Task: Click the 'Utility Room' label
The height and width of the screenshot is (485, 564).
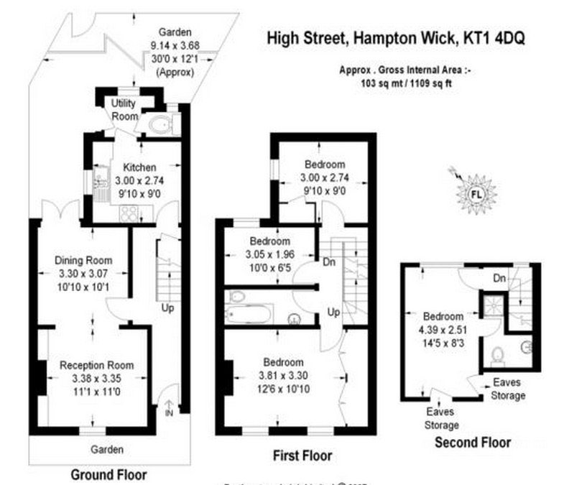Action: (124, 110)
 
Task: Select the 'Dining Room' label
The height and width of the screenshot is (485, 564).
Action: (83, 260)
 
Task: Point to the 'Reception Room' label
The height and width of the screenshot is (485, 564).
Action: (96, 365)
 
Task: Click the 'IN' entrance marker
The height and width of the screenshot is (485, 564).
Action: (168, 414)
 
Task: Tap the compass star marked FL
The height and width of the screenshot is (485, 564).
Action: (476, 193)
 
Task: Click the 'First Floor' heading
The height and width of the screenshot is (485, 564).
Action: (302, 456)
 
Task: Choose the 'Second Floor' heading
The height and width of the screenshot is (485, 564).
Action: (473, 443)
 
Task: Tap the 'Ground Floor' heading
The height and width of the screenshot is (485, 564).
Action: (108, 474)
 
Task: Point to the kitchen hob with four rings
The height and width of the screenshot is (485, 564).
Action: (131, 212)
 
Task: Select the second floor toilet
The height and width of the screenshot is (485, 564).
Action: (501, 354)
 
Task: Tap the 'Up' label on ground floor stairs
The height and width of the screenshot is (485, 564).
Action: (167, 308)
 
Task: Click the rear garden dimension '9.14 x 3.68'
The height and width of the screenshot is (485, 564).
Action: (175, 45)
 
